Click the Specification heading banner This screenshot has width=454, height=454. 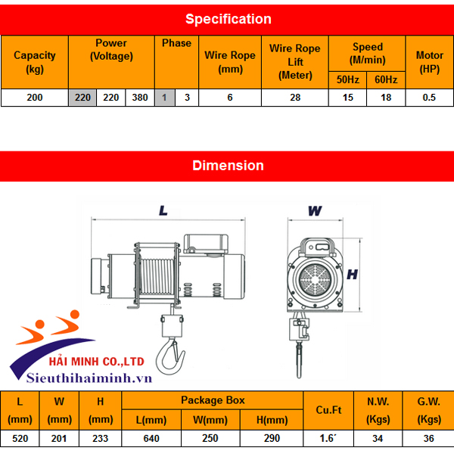(x=227, y=19)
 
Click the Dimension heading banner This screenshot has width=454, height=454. (x=227, y=165)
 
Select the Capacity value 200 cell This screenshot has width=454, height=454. (x=34, y=98)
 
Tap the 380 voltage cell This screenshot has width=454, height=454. (x=140, y=98)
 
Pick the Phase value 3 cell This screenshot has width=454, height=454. (x=187, y=98)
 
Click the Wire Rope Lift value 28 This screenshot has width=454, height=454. (x=295, y=98)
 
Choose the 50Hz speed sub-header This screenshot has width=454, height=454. (x=347, y=79)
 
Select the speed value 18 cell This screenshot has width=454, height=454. (x=386, y=98)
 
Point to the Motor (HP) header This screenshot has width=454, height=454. (x=430, y=61)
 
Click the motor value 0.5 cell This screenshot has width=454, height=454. (x=430, y=98)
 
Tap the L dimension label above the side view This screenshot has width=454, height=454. (x=163, y=211)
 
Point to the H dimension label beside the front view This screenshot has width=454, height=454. (x=352, y=275)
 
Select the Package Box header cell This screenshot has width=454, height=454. (x=213, y=400)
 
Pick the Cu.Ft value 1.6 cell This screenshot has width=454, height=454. (x=327, y=438)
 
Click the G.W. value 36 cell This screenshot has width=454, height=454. (x=429, y=438)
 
